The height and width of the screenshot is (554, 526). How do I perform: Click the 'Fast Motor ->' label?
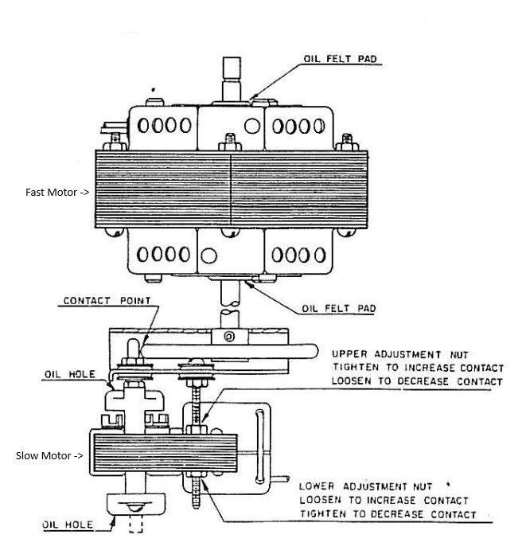click(x=57, y=192)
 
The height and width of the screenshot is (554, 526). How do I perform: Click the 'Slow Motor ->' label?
click(x=49, y=456)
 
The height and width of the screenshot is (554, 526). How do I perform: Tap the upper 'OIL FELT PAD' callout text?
click(x=340, y=59)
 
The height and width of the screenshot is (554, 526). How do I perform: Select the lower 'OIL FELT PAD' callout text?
click(x=339, y=309)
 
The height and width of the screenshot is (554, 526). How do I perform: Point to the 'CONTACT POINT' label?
click(x=107, y=301)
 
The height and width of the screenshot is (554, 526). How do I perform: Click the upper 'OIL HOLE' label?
click(x=69, y=374)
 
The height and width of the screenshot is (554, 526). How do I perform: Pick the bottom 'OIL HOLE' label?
click(x=68, y=525)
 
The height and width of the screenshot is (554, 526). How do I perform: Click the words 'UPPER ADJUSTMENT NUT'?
click(x=400, y=354)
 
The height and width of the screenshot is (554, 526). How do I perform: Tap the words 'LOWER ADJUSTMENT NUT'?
click(x=365, y=486)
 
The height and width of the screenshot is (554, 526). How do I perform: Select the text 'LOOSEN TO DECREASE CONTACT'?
click(x=417, y=381)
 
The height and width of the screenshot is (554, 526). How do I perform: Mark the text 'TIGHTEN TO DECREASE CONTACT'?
click(x=388, y=513)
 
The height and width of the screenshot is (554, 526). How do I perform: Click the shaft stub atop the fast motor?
click(x=232, y=80)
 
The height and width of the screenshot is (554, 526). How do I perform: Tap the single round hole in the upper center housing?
click(x=252, y=126)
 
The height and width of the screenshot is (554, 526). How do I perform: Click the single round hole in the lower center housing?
click(x=208, y=256)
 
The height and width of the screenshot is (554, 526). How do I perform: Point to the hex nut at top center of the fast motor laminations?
click(x=230, y=142)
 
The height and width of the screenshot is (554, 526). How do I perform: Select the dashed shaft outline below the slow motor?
click(x=135, y=524)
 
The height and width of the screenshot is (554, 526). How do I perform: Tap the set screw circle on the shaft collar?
click(x=229, y=336)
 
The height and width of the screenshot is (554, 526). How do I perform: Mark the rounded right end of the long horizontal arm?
click(x=313, y=352)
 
